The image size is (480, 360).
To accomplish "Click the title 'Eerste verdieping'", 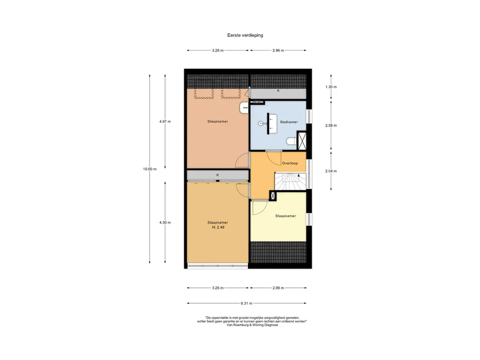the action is point(245,35).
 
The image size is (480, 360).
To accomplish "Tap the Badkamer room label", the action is point(289,122).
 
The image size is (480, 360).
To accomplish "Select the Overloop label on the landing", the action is point(290,163).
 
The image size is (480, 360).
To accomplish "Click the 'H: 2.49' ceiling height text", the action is point(218,227).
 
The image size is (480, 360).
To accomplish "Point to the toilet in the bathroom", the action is point(292,142).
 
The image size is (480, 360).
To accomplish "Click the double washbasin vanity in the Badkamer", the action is point(272,124).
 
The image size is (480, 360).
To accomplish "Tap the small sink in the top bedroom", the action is point(244,108).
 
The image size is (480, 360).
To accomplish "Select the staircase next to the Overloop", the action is point(290,181).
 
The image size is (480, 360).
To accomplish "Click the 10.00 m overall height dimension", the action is point(150,169).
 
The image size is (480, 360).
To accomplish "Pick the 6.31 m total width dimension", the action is point(247,303).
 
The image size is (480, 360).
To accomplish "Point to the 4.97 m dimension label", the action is point(165,121).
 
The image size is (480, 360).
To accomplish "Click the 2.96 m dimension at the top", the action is point(278,51).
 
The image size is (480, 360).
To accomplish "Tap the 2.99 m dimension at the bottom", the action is point(278,288).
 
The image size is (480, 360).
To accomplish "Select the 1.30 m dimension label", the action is point(331,87).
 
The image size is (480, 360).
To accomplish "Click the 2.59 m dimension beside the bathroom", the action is point(331,126).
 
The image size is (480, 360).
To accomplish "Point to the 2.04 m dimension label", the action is point(331,171).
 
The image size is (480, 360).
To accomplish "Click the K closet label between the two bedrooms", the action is point(217,175).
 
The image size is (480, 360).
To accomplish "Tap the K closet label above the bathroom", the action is point(278,90).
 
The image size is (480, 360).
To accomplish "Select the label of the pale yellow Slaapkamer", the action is point(285,216).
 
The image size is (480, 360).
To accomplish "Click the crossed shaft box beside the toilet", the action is point(302,141).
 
